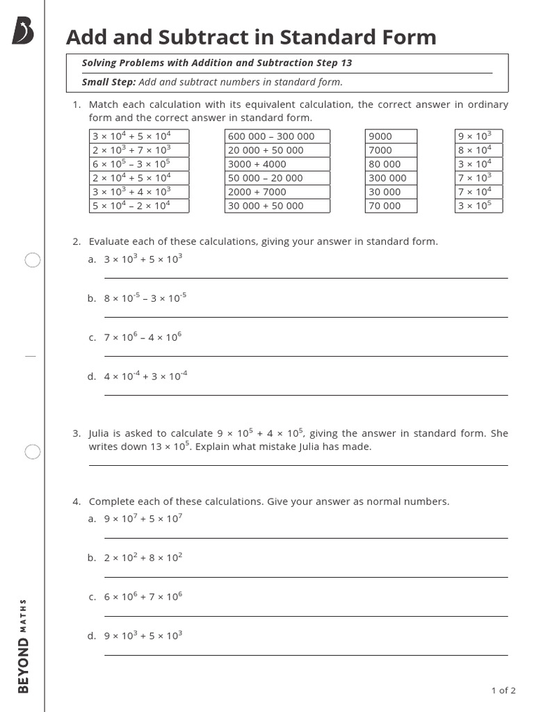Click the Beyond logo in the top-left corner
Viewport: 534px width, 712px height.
(x=23, y=31)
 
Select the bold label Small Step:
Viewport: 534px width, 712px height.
(x=108, y=82)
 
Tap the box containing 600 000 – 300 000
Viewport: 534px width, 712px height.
(x=277, y=136)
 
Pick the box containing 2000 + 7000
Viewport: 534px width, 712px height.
(x=277, y=192)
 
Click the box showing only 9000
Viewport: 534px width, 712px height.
(x=391, y=136)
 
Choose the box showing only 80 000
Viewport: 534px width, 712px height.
(x=391, y=164)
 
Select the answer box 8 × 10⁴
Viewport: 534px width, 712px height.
(x=478, y=150)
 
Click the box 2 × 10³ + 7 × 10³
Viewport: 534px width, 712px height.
(x=139, y=150)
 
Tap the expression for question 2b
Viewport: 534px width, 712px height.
(x=145, y=298)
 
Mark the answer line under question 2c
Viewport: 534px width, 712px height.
(x=306, y=356)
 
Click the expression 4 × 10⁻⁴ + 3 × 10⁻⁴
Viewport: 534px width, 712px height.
(x=145, y=376)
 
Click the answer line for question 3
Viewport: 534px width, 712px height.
(x=298, y=465)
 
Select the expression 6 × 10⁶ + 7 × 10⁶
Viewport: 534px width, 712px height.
(x=143, y=597)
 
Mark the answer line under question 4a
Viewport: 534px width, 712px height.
(x=306, y=538)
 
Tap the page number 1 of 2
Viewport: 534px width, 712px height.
(x=503, y=690)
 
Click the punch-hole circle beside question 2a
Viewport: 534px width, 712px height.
(x=33, y=261)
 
